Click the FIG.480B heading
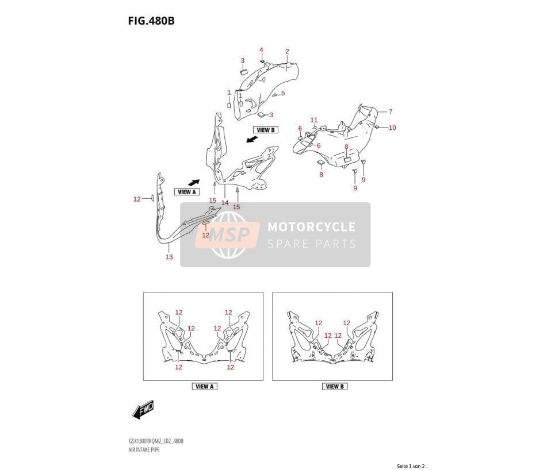click(x=151, y=21)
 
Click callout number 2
click(x=287, y=51)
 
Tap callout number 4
click(x=261, y=50)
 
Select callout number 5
click(x=283, y=93)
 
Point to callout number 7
click(x=391, y=111)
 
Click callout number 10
click(x=392, y=128)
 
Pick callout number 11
click(x=314, y=120)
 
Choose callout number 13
click(x=169, y=257)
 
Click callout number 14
click(x=225, y=202)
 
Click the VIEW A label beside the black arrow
click(x=186, y=192)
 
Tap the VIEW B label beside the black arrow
click(x=266, y=130)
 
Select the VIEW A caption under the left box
click(x=205, y=387)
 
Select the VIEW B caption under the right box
click(x=335, y=387)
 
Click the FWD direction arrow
click(x=143, y=409)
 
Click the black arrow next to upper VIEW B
click(x=251, y=140)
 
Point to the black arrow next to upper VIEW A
click(x=194, y=183)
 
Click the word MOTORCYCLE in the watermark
click(x=311, y=227)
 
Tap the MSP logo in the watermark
click(x=228, y=235)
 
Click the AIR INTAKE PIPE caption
click(x=144, y=450)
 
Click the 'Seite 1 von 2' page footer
click(x=411, y=466)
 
